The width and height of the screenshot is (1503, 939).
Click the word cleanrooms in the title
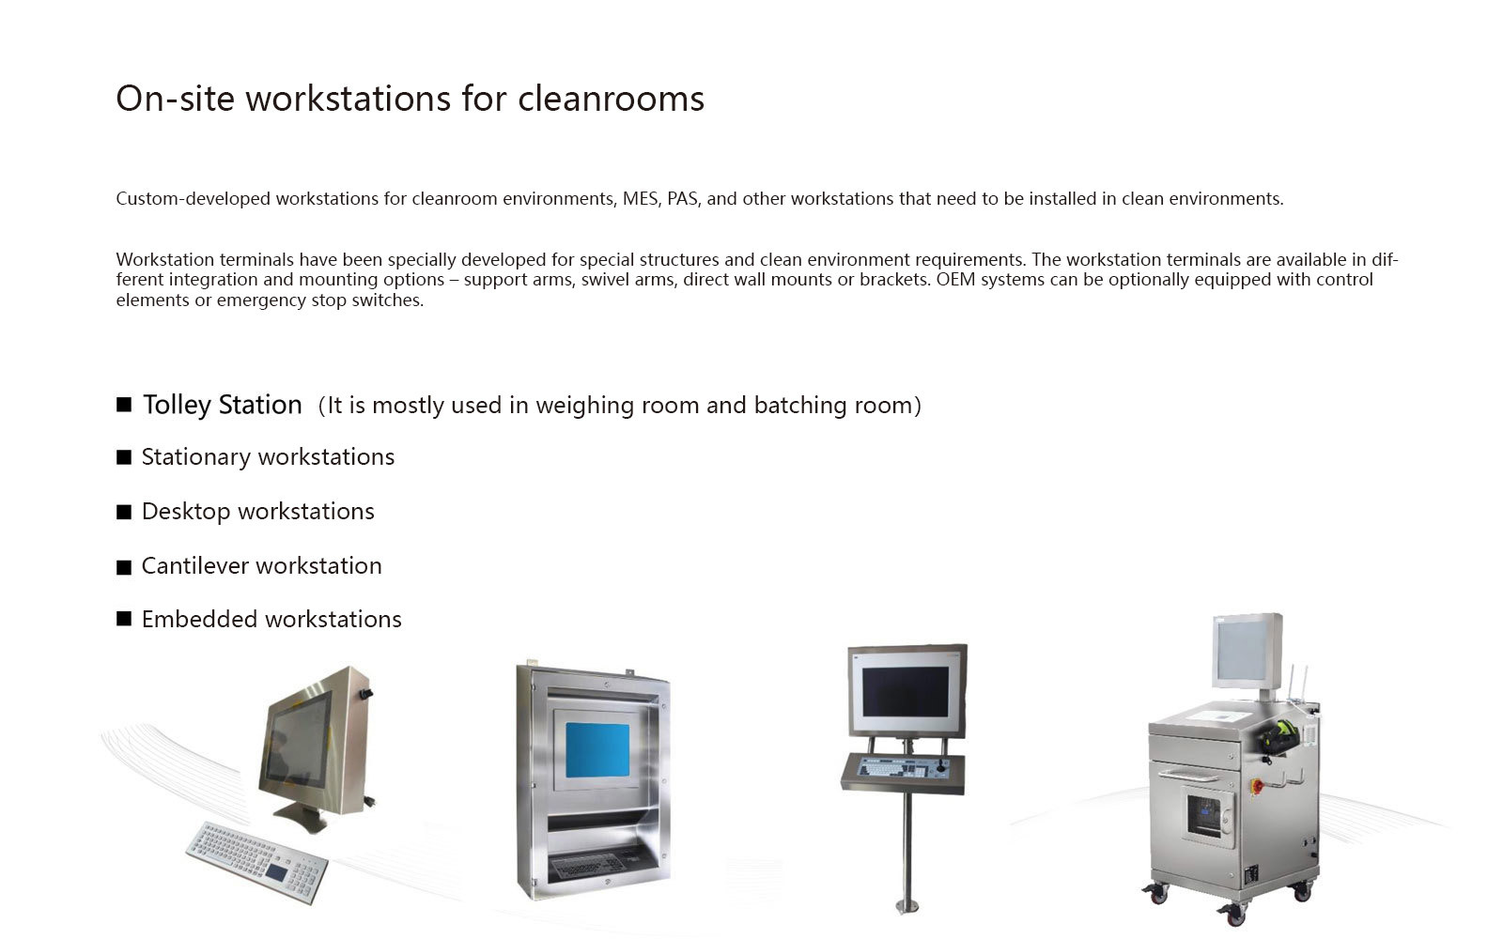(x=611, y=99)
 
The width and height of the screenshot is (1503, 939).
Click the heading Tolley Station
(x=222, y=405)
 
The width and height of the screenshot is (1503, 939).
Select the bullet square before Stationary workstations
(x=123, y=457)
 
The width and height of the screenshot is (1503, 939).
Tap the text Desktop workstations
(x=257, y=512)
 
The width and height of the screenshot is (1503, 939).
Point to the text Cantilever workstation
(x=262, y=566)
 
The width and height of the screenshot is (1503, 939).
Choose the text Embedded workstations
(x=271, y=619)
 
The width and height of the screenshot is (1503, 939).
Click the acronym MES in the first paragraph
(x=640, y=199)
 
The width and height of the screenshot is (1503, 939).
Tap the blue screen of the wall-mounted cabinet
(x=597, y=750)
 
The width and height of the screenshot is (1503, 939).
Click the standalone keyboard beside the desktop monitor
(x=257, y=862)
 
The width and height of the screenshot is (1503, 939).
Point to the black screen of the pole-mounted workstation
(x=906, y=691)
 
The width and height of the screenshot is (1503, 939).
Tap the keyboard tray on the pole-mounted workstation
(x=903, y=774)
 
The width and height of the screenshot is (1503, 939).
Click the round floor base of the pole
(x=907, y=907)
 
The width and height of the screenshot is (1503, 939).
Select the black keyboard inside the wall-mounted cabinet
(x=594, y=864)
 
